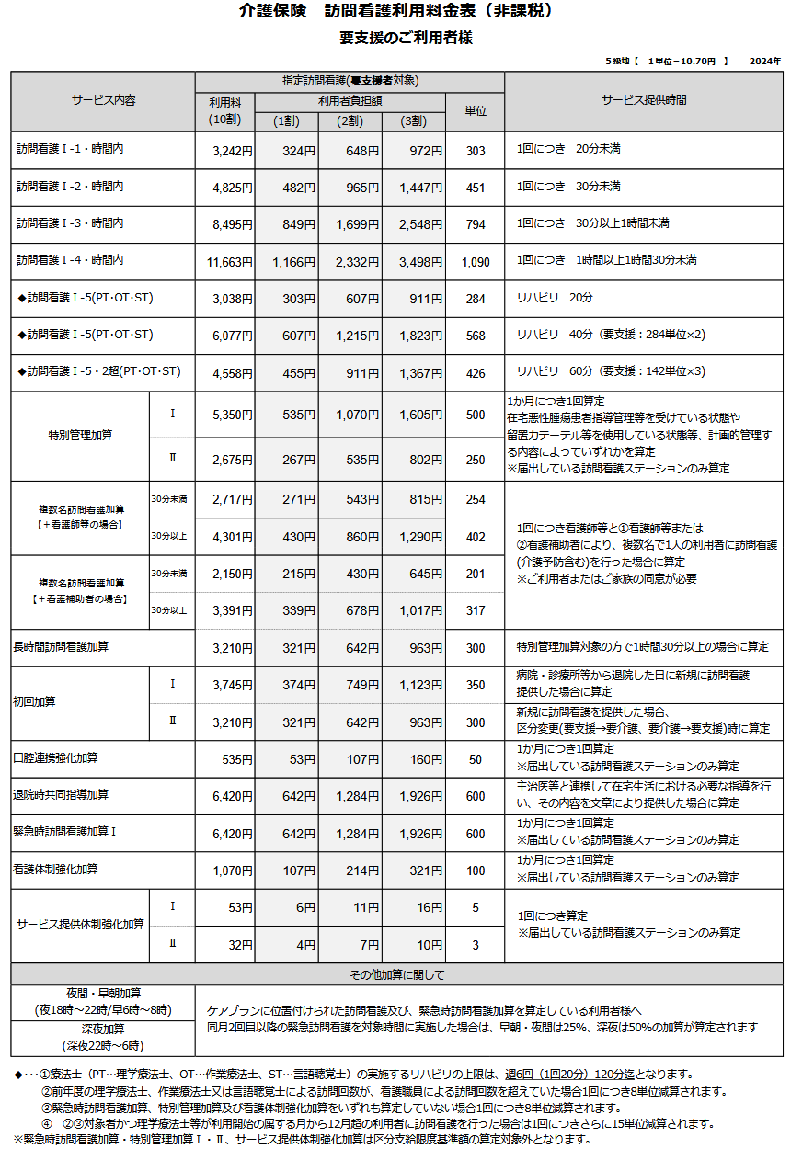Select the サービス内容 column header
click(x=103, y=100)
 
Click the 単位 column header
click(x=476, y=110)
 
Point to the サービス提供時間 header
click(x=644, y=100)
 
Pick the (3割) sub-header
click(x=413, y=120)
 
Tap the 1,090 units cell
click(x=476, y=262)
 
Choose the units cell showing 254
click(x=476, y=500)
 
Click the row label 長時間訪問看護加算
click(x=61, y=648)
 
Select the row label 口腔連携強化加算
click(x=55, y=759)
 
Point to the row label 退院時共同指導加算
click(x=61, y=795)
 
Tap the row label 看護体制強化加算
click(x=55, y=870)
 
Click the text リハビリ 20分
click(x=555, y=298)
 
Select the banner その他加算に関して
click(x=396, y=974)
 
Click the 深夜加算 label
click(x=103, y=1030)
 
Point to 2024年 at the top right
click(x=765, y=61)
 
